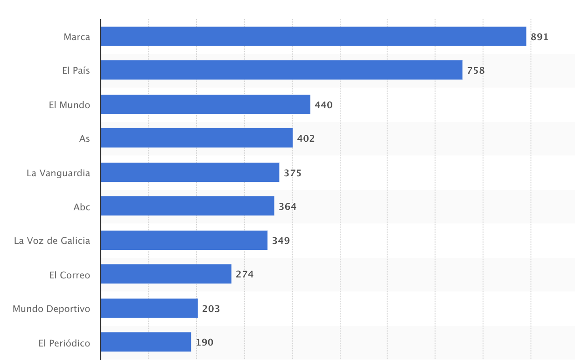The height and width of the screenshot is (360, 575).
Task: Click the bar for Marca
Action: tap(313, 36)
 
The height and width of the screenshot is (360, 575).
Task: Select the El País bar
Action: tap(281, 70)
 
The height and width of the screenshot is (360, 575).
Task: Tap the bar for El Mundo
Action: tap(205, 104)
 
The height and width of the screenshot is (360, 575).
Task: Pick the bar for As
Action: tap(196, 138)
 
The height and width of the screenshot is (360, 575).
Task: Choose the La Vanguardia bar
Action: tap(190, 173)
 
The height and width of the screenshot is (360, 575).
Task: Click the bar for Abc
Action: tap(187, 206)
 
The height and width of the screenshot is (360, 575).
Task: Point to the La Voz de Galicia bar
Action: tap(184, 240)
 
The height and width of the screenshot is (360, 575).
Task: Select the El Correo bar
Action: tap(166, 274)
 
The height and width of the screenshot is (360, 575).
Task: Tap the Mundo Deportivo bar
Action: tap(149, 308)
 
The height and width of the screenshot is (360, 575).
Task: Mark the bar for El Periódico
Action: tap(146, 342)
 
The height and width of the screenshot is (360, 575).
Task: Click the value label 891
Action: tap(540, 37)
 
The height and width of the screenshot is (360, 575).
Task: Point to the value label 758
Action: tap(476, 71)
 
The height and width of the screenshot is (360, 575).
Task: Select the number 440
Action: tap(323, 105)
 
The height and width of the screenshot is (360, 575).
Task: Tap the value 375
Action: tap(293, 173)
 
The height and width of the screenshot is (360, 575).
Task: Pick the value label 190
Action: tap(204, 342)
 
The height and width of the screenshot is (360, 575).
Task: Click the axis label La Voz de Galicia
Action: tap(52, 241)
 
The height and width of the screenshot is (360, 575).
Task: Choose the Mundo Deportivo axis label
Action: tap(51, 309)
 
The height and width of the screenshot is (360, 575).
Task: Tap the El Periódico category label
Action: tap(64, 343)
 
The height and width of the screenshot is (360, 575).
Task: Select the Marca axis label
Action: tap(77, 37)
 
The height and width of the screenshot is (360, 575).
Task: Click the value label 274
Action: tap(245, 274)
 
